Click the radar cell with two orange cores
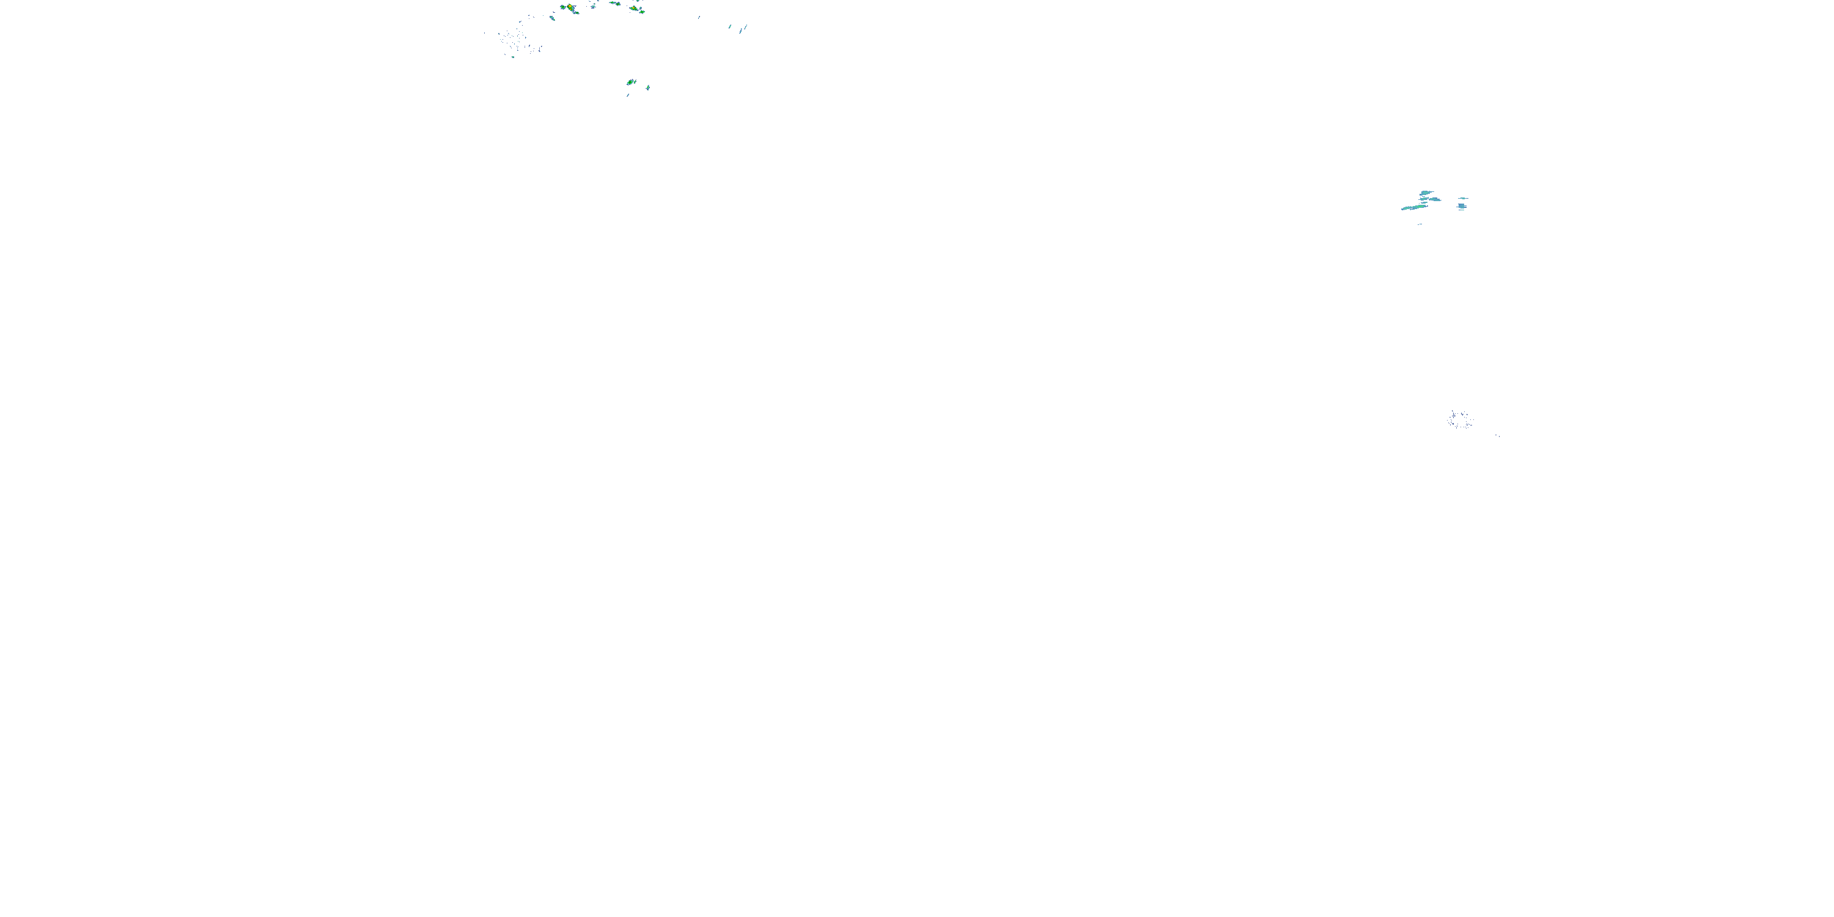click(x=570, y=7)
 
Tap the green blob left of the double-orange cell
click(x=563, y=7)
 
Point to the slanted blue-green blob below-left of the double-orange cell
click(x=553, y=18)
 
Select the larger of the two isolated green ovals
click(x=630, y=82)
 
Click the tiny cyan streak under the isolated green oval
click(x=628, y=95)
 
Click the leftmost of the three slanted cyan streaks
click(x=730, y=26)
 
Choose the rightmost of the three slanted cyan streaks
click(x=746, y=27)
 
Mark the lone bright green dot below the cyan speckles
click(x=514, y=57)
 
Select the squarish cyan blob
click(x=1462, y=206)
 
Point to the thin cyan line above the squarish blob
click(x=1463, y=199)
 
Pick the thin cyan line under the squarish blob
click(x=1462, y=210)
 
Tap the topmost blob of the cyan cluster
click(x=1426, y=193)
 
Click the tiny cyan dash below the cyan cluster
click(x=1421, y=224)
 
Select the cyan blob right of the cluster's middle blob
click(x=1435, y=199)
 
